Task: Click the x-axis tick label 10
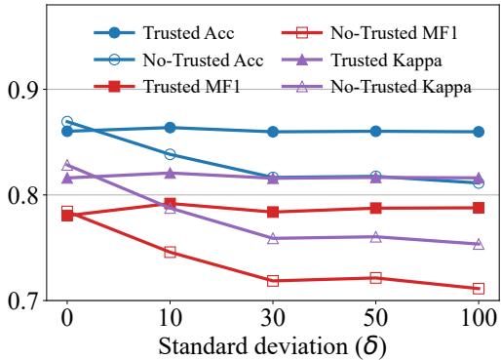coord(170,318)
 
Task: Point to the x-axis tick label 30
coord(273,318)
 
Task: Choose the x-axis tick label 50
coord(375,318)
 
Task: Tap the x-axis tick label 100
coord(478,318)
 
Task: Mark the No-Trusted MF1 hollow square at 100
coord(478,289)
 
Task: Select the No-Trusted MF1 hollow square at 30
coord(273,281)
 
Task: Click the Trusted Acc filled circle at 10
coord(170,128)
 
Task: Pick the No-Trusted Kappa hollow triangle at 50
coord(375,237)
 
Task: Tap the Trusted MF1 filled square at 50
coord(375,208)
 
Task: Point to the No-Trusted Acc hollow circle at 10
coord(170,154)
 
